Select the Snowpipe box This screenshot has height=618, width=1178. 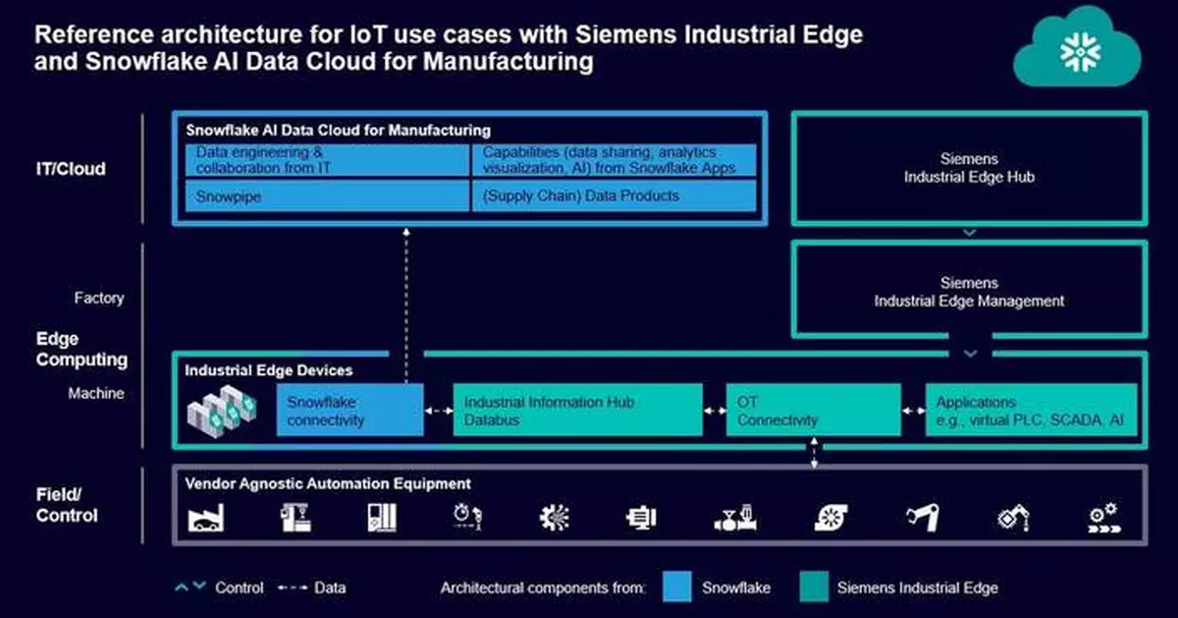pos(328,196)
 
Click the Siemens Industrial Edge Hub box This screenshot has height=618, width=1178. pos(968,168)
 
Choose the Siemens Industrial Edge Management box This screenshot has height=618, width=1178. pos(968,292)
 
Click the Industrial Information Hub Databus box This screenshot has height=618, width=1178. pos(577,411)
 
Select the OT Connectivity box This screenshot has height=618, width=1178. pos(813,411)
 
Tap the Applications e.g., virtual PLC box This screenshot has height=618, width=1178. pos(1031,411)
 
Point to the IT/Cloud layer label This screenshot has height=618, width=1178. pos(71,168)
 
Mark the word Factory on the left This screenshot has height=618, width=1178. pos(99,298)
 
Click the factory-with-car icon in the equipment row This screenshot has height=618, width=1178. pos(206,518)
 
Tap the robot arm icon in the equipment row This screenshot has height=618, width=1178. pos(924,518)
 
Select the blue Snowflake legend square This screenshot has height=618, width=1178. pos(677,588)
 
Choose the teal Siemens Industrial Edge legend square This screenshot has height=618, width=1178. pos(812,588)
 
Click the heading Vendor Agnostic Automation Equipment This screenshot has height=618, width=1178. pos(328,483)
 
